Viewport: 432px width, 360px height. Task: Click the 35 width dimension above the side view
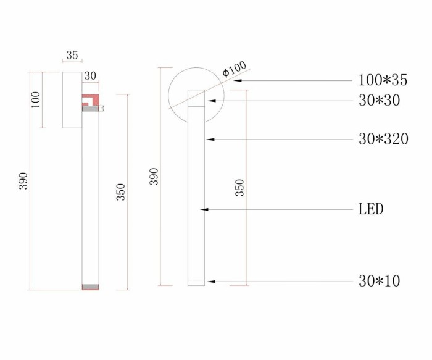click(72, 56)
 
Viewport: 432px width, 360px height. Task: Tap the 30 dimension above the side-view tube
click(90, 76)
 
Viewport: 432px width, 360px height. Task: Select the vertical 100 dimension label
click(35, 99)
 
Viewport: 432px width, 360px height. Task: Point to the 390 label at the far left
click(23, 180)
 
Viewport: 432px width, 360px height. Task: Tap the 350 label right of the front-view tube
click(239, 187)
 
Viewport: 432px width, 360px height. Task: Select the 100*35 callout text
click(383, 80)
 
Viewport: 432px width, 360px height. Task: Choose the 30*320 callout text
click(383, 139)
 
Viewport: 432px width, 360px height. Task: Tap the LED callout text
click(371, 209)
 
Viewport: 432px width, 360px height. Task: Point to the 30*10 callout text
click(379, 282)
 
